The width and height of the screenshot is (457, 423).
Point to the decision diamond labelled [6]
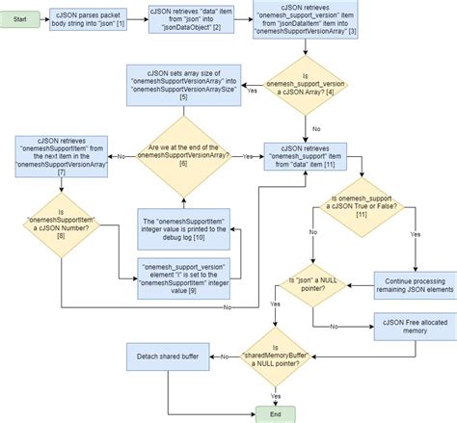click(185, 154)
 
